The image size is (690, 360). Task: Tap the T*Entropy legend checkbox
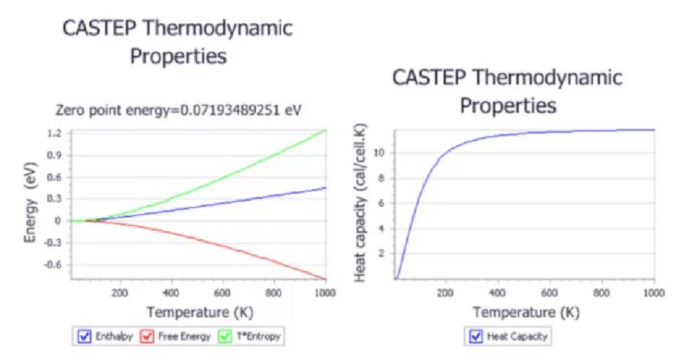[225, 337]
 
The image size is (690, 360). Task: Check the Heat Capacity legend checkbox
[475, 337]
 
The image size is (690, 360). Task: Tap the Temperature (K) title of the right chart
[526, 312]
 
